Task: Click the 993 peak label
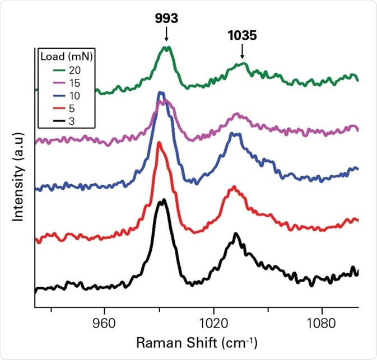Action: point(166,18)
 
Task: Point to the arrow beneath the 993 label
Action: point(166,35)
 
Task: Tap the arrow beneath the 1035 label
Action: point(242,52)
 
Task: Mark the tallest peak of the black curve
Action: point(162,200)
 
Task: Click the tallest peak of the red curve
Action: point(159,143)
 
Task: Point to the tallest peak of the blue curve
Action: point(161,93)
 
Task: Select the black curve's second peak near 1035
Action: point(236,234)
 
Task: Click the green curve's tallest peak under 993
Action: point(166,48)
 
